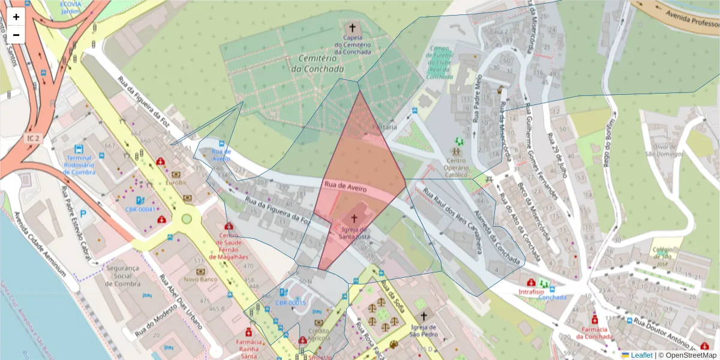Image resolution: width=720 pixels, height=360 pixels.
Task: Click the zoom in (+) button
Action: pyautogui.click(x=16, y=17)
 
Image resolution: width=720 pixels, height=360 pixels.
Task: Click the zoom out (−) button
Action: pyautogui.click(x=16, y=35)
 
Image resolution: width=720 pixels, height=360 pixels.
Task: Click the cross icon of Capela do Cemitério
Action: pyautogui.click(x=352, y=28)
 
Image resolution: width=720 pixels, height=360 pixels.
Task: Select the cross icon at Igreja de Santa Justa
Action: pyautogui.click(x=354, y=219)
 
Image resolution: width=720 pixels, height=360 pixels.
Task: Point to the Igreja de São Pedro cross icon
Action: pyautogui.click(x=424, y=316)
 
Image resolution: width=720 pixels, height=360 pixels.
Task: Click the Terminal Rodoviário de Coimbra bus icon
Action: pyautogui.click(x=78, y=149)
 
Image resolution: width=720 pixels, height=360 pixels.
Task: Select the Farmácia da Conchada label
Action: pyautogui.click(x=594, y=333)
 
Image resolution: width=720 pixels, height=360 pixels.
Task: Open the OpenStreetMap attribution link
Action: pyautogui.click(x=689, y=355)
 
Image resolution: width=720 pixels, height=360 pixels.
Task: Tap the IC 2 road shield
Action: pyautogui.click(x=32, y=139)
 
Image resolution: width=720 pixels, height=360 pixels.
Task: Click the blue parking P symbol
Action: pyautogui.click(x=83, y=213)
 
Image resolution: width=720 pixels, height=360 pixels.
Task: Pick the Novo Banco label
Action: pyautogui.click(x=200, y=280)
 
